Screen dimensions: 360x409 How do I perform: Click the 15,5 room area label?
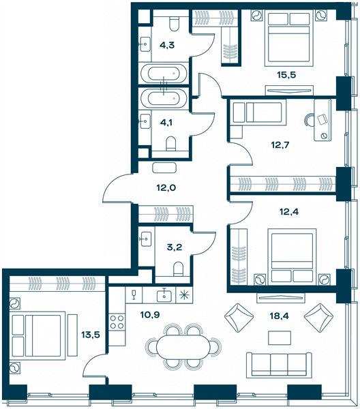click(x=286, y=75)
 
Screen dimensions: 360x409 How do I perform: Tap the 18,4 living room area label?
click(x=279, y=316)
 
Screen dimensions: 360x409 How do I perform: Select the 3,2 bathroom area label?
click(x=175, y=247)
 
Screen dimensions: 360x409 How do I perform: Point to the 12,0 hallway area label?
click(x=166, y=187)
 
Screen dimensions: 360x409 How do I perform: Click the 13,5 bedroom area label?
click(x=91, y=335)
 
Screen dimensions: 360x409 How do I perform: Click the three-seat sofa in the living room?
click(x=279, y=365)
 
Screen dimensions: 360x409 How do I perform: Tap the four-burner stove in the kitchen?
click(x=117, y=322)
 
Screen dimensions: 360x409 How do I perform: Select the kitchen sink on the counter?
click(x=164, y=296)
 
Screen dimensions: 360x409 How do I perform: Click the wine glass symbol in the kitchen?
click(x=134, y=294)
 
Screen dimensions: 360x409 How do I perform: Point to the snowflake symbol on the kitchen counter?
click(x=184, y=295)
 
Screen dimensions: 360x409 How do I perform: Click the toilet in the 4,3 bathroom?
click(x=174, y=23)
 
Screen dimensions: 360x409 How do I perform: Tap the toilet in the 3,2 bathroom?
click(x=179, y=269)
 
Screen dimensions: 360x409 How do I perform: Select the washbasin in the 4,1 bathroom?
click(x=145, y=121)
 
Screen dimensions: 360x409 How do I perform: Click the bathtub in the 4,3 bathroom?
click(x=164, y=74)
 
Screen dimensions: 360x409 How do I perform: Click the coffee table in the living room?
click(x=280, y=338)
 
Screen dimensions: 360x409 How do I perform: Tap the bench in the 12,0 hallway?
click(x=164, y=168)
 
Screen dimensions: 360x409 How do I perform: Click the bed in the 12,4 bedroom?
click(x=292, y=257)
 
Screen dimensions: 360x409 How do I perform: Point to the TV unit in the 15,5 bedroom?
click(x=289, y=90)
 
